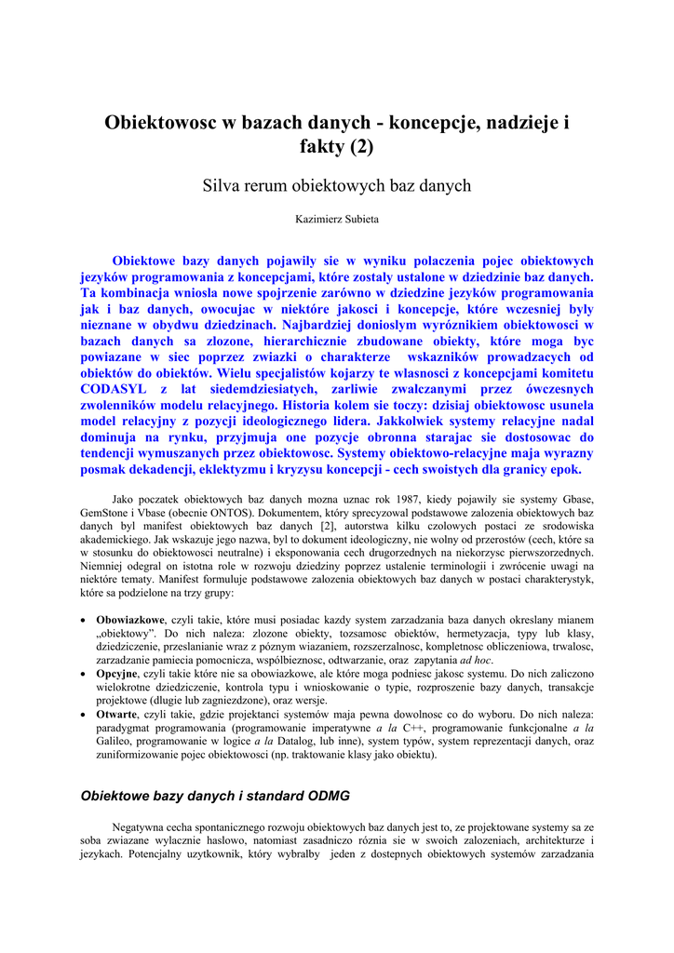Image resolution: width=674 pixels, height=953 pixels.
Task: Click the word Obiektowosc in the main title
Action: [158, 122]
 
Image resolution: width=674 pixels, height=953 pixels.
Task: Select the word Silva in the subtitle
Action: [223, 186]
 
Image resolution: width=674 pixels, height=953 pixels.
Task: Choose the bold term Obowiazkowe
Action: [130, 620]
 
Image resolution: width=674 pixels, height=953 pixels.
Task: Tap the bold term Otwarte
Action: [116, 716]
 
